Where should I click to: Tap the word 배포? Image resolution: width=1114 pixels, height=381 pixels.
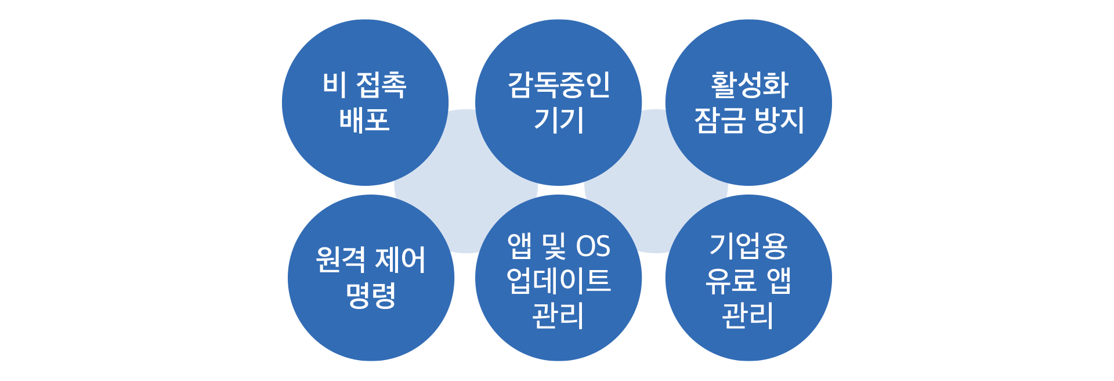click(364, 120)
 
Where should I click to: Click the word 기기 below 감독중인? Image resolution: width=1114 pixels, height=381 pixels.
click(558, 120)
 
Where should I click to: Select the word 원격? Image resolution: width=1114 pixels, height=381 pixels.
click(341, 260)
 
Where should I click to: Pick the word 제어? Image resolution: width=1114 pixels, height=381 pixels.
click(401, 260)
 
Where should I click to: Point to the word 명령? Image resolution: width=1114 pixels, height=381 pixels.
click(371, 295)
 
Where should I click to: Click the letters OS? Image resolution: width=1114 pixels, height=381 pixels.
click(592, 246)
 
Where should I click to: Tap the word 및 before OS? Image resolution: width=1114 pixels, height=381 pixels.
click(553, 246)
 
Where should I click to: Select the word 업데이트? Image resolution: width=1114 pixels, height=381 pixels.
click(558, 281)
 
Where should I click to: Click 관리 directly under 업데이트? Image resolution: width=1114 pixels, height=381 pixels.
click(558, 316)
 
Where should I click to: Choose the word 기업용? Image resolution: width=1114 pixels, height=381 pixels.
click(748, 246)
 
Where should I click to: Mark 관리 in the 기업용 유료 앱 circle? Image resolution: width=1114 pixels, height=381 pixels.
click(748, 316)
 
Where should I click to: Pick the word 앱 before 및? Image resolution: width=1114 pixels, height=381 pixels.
click(519, 246)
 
